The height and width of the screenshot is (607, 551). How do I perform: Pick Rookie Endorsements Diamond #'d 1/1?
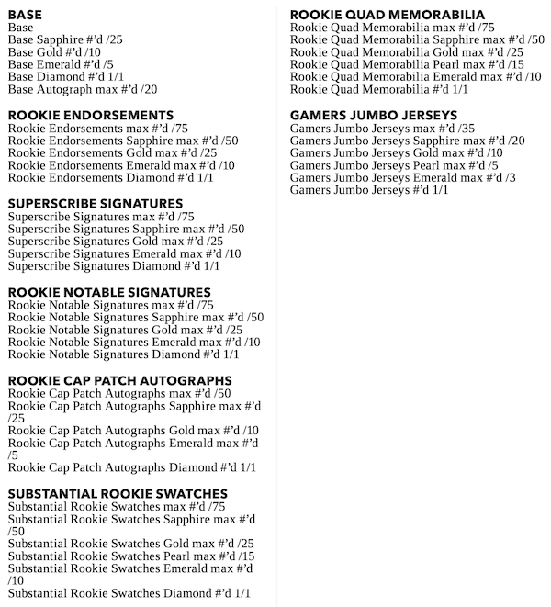[x=110, y=177]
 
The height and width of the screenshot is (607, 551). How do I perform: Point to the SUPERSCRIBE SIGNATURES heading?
[x=96, y=203]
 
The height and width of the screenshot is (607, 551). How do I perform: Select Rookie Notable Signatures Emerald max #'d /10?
[x=134, y=343]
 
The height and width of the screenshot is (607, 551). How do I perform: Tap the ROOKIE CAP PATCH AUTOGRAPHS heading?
[x=119, y=380]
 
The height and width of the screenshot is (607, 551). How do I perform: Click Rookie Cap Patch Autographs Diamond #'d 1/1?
[x=132, y=467]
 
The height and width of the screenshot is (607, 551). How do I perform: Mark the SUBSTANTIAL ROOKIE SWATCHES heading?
[x=118, y=494]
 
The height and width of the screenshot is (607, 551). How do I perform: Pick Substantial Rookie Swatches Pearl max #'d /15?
[x=131, y=556]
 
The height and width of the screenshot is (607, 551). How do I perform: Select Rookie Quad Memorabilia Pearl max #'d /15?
[x=407, y=65]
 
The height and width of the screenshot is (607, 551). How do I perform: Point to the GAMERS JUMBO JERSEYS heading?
[x=373, y=115]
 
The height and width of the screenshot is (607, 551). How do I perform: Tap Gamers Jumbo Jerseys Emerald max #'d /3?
[x=402, y=177]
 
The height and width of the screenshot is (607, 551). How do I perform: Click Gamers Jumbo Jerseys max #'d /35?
[x=382, y=129]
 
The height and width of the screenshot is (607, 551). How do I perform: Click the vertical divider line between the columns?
[x=276, y=303]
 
